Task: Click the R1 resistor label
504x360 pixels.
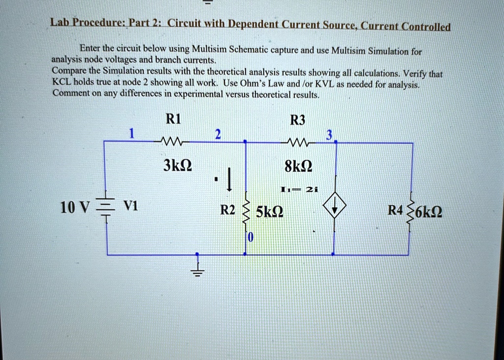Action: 173,119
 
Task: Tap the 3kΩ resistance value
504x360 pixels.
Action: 177,165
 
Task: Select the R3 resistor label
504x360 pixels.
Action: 297,120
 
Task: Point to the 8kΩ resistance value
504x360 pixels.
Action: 298,166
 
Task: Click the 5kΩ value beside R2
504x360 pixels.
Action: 269,212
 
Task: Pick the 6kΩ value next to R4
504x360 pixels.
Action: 429,212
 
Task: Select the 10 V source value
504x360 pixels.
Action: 75,208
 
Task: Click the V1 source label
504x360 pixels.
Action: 131,206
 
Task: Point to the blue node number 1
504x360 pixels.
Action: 131,133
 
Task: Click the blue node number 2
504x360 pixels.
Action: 218,134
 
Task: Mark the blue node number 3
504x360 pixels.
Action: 329,135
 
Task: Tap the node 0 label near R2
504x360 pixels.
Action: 251,238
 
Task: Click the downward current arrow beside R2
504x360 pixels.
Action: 229,179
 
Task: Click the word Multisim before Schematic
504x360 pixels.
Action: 209,49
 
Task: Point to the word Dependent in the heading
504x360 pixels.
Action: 253,24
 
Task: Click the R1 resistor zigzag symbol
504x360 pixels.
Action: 171,141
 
